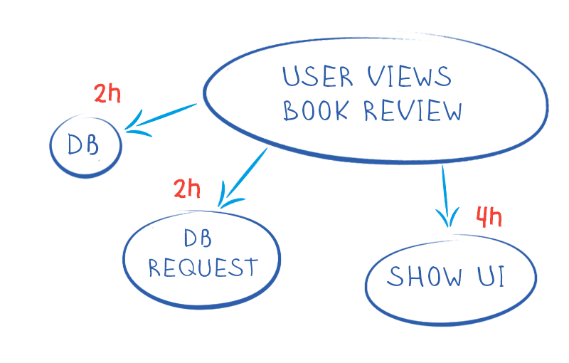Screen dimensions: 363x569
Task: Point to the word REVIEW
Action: pyautogui.click(x=413, y=111)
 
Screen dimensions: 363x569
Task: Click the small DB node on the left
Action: pyautogui.click(x=85, y=146)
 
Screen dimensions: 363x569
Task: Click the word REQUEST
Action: pyautogui.click(x=202, y=268)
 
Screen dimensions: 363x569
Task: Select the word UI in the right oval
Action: pyautogui.click(x=492, y=276)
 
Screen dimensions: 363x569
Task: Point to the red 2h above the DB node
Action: pyautogui.click(x=107, y=93)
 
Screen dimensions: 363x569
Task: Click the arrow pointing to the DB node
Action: pyautogui.click(x=162, y=117)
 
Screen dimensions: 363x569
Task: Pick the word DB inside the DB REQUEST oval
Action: pyautogui.click(x=198, y=237)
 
